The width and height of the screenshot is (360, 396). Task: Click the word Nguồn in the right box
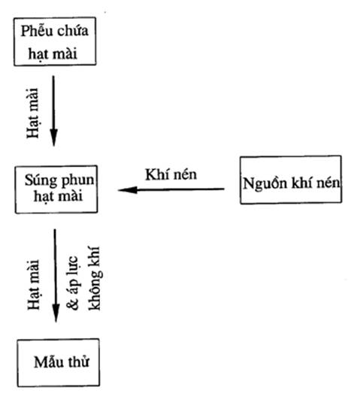(265, 183)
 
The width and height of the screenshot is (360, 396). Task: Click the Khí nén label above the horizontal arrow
(171, 174)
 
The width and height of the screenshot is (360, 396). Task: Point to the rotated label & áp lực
(73, 283)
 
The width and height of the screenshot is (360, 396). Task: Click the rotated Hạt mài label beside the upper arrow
(33, 113)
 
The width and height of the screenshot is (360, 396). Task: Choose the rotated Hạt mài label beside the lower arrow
(34, 285)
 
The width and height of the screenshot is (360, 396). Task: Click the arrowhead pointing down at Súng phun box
(53, 138)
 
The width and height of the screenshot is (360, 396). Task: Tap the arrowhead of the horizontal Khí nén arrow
(128, 190)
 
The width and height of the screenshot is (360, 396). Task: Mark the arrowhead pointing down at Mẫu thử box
(56, 313)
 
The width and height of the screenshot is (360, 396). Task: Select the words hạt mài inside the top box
(53, 54)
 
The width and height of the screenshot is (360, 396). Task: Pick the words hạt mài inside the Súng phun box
(58, 196)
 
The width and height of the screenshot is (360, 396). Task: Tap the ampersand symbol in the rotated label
(73, 304)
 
